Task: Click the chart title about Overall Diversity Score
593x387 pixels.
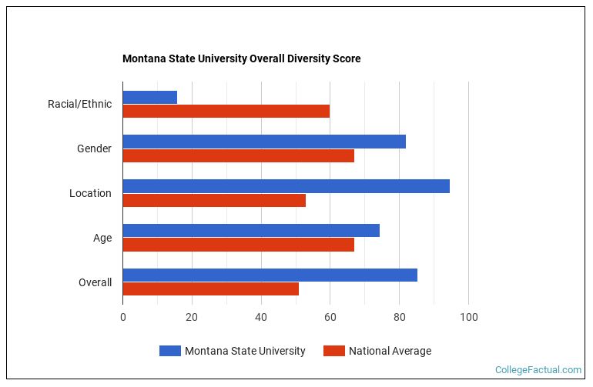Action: [241, 58]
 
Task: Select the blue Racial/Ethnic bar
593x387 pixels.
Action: [149, 97]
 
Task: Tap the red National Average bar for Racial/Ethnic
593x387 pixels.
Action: [226, 111]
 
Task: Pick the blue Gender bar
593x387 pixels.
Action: [264, 142]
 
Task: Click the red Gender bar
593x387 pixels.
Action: [238, 155]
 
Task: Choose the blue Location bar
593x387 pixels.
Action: [286, 186]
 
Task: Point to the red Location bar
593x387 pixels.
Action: [214, 200]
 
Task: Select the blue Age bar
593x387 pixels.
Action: [251, 231]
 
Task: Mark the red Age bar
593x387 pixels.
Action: [238, 245]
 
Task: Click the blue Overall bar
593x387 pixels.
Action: [270, 275]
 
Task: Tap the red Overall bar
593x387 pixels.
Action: [210, 289]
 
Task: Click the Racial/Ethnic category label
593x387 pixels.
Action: [79, 104]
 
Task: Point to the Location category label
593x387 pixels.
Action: [90, 193]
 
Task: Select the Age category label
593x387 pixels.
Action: [102, 238]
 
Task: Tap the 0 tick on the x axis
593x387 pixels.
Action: [122, 317]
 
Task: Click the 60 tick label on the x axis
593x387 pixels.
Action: [330, 317]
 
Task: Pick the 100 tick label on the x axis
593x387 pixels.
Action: [468, 317]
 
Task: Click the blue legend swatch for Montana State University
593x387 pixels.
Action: [169, 351]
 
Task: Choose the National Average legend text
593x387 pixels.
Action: [390, 351]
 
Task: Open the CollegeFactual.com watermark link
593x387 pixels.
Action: [538, 370]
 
